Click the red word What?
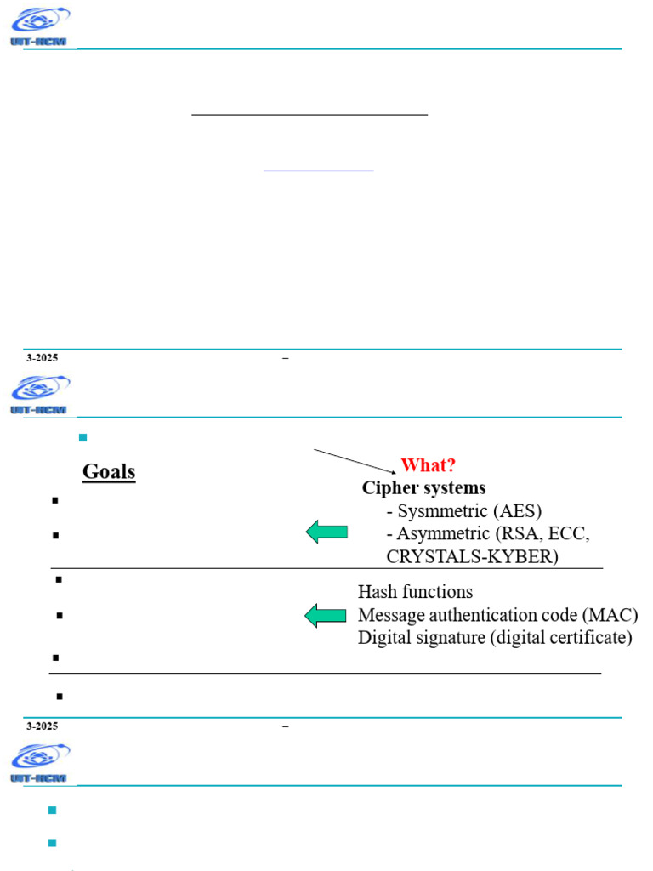coord(428,465)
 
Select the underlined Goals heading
coord(109,471)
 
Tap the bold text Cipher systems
coord(423,488)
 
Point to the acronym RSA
coord(518,533)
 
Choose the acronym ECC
coord(567,533)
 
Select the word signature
coord(452,638)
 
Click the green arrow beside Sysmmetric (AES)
coord(326,532)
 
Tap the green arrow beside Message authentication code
coord(326,615)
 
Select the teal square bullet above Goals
coord(82,437)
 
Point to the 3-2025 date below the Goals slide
coord(42,726)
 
